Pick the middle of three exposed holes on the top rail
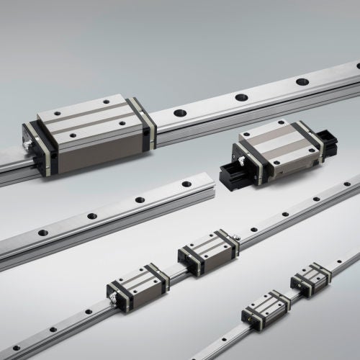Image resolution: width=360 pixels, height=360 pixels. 241,96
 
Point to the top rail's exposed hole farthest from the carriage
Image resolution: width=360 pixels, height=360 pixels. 302,81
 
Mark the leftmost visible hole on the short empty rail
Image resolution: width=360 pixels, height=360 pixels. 43,233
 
